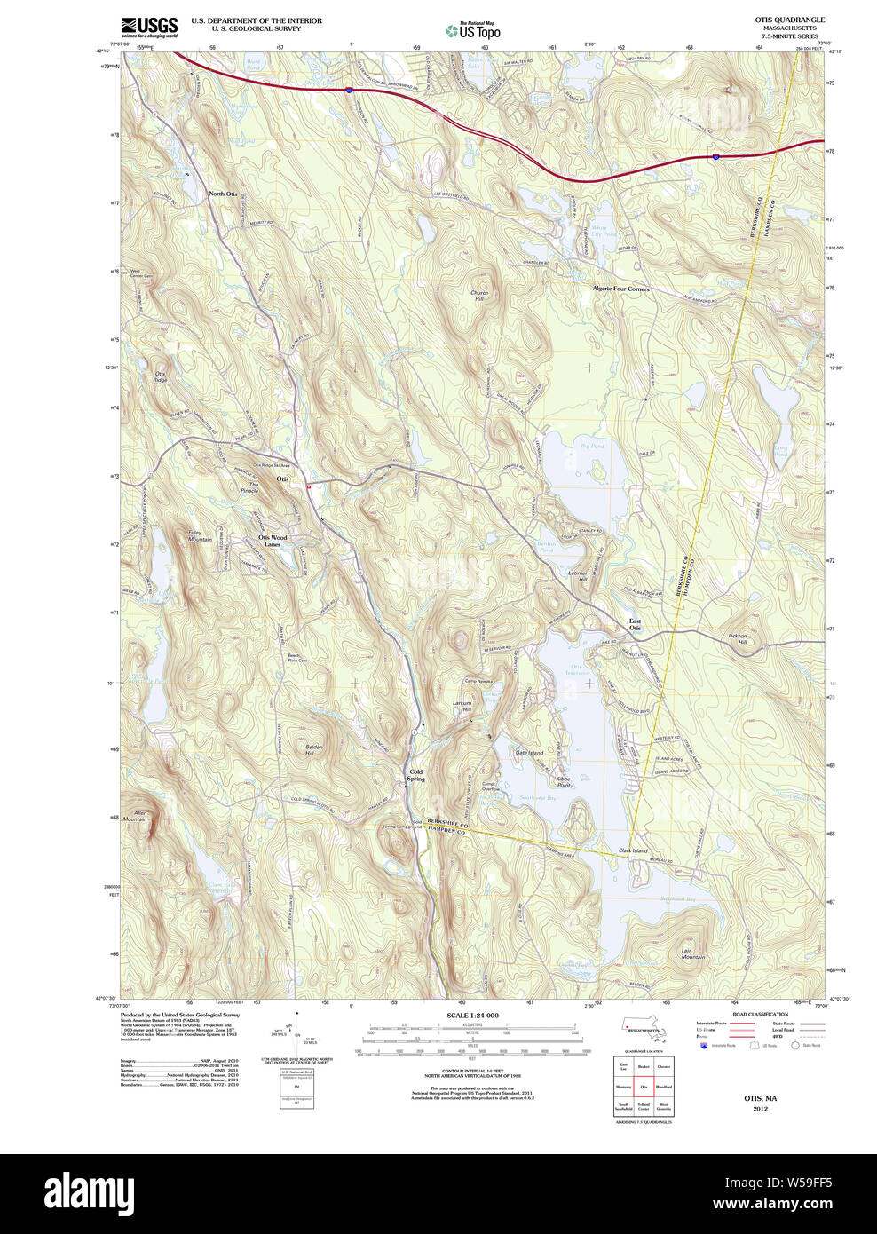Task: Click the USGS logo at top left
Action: pos(149,27)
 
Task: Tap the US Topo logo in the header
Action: pos(473,31)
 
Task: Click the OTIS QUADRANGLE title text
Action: pos(789,20)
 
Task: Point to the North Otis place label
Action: pos(223,194)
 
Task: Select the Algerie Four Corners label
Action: pos(620,289)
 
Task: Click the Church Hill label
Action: pos(479,296)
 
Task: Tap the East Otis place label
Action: pos(635,624)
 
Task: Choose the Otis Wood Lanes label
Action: pos(273,541)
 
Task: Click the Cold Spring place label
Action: pos(415,775)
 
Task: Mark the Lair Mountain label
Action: pos(692,953)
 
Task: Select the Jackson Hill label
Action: pos(737,639)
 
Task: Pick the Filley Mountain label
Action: pos(200,536)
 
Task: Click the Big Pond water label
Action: pos(591,446)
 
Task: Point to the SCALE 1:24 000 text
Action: pos(472,1016)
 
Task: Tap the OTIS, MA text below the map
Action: pos(760,1098)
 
